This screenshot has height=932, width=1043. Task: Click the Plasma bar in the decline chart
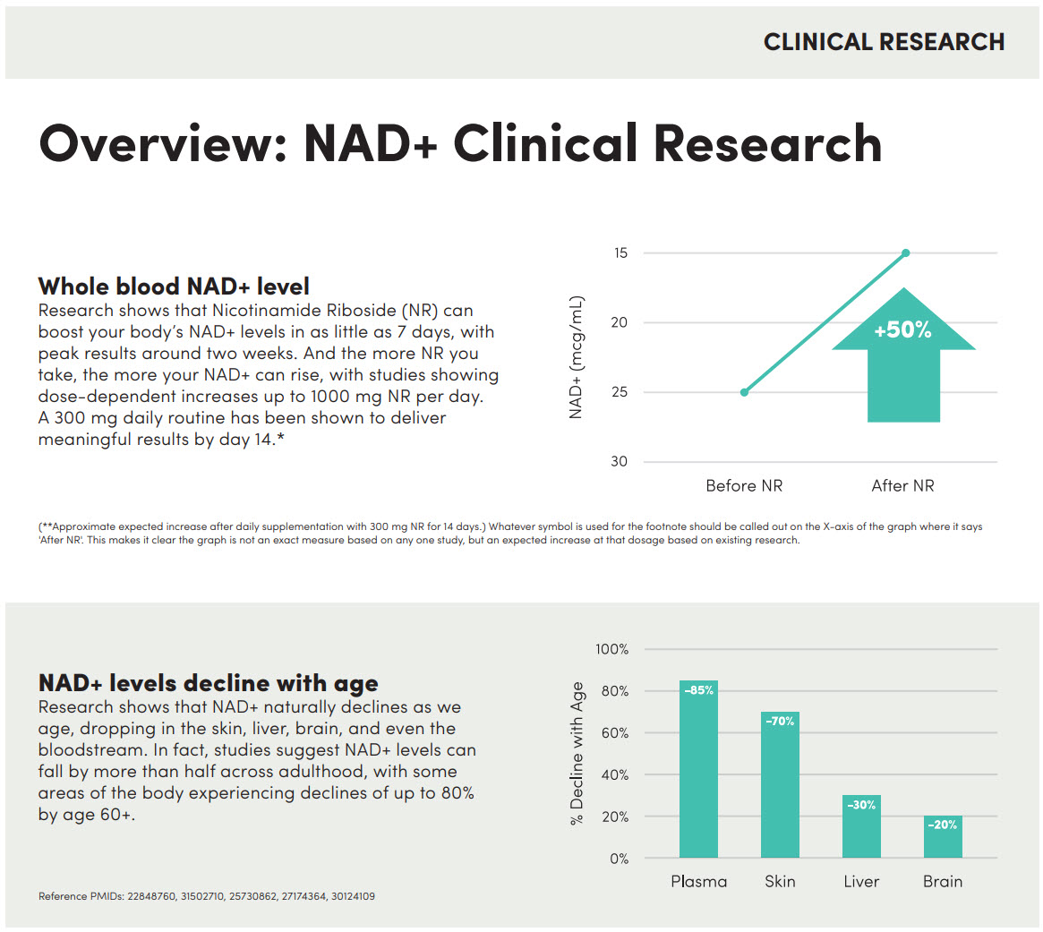(x=698, y=768)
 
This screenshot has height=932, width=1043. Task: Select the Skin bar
(x=781, y=784)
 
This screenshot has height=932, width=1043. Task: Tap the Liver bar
(x=861, y=826)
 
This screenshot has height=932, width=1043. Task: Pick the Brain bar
(x=943, y=837)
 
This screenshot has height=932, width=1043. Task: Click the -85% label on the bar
(x=699, y=690)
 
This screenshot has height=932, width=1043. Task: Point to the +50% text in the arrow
(x=902, y=329)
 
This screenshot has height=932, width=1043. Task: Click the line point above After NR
(x=905, y=252)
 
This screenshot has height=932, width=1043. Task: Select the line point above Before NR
(x=744, y=392)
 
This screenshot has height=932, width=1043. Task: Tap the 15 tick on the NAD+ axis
(x=620, y=252)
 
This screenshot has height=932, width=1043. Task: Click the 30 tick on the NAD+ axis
(x=620, y=461)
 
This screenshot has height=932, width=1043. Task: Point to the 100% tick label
(x=612, y=648)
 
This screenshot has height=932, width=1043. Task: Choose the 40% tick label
(x=615, y=774)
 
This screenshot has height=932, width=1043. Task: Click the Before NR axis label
(x=744, y=485)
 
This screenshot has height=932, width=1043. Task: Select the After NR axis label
(x=902, y=485)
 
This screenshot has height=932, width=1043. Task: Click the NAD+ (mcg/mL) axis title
(x=576, y=357)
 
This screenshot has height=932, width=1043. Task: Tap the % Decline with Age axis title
(x=577, y=753)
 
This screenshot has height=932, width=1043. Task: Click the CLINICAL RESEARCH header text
(x=884, y=42)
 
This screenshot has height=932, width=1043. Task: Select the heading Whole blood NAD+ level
(x=174, y=286)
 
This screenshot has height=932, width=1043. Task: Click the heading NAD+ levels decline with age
(x=209, y=682)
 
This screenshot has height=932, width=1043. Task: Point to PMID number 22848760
(x=151, y=896)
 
